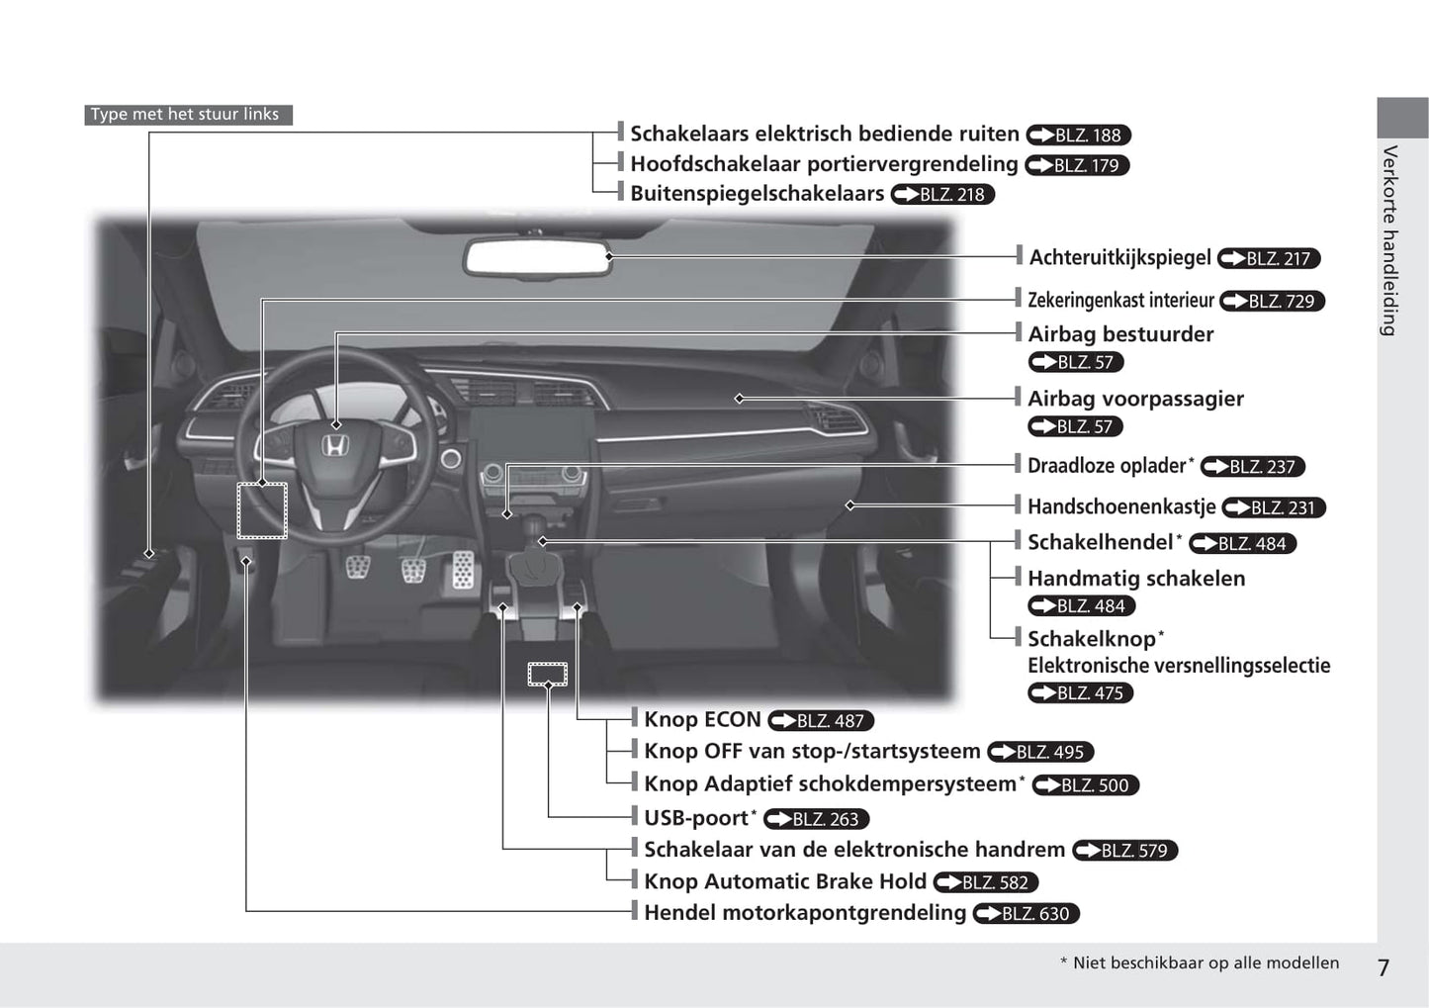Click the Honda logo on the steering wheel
(x=336, y=447)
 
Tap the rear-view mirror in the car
(x=538, y=257)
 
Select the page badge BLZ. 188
(x=1078, y=136)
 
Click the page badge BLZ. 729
(x=1272, y=301)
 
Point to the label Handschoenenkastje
(x=1121, y=507)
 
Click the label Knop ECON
(x=702, y=720)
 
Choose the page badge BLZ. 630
(x=1026, y=914)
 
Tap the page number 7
(x=1384, y=967)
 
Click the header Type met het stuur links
(x=185, y=115)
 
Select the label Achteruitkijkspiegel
(x=1119, y=258)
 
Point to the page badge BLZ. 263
(x=816, y=819)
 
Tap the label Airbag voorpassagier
(x=1135, y=399)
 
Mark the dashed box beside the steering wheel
(x=262, y=510)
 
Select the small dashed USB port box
(x=547, y=675)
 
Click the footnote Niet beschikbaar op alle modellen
(x=1206, y=963)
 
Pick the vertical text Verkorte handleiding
(x=1389, y=240)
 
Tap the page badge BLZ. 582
(x=985, y=882)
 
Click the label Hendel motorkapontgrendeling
(x=805, y=913)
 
